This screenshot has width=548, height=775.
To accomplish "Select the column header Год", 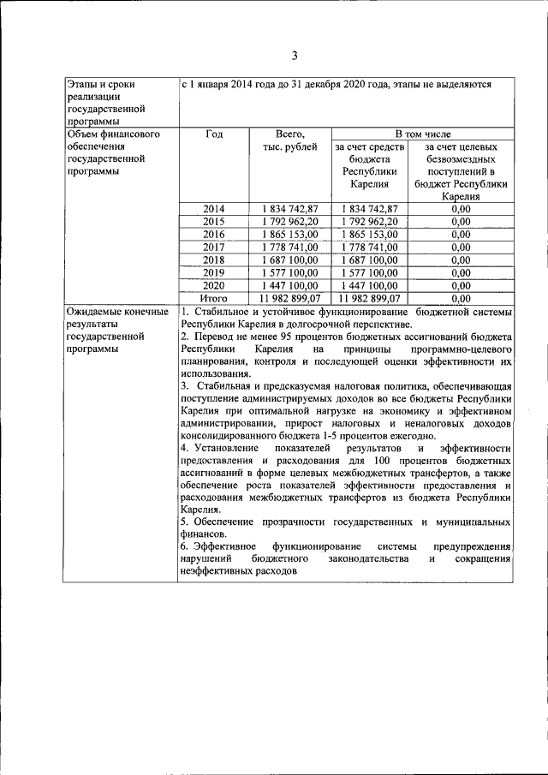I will [x=214, y=134].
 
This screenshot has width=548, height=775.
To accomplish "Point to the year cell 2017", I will [x=214, y=247].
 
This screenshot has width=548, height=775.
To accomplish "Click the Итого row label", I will [x=214, y=298].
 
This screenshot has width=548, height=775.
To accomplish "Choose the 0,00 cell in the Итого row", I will [x=461, y=298].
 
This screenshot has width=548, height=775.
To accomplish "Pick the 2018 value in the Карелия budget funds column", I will [x=370, y=259].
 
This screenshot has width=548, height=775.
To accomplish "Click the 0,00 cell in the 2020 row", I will [x=461, y=285].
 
